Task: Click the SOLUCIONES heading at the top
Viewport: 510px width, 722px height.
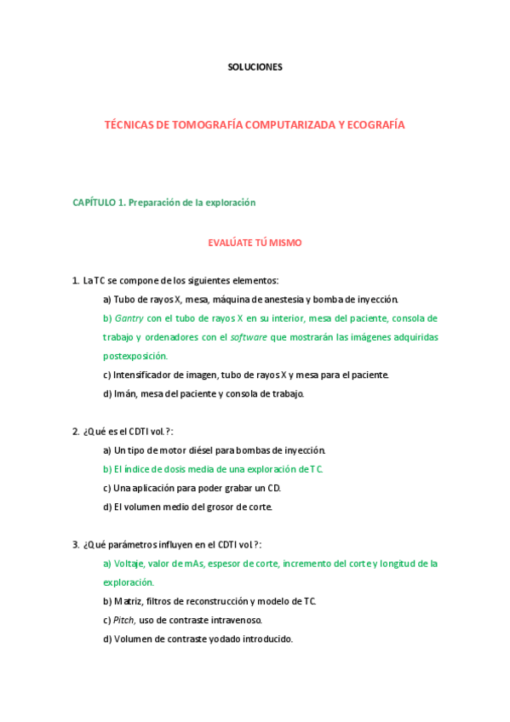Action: click(255, 67)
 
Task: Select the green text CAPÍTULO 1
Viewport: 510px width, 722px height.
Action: click(99, 203)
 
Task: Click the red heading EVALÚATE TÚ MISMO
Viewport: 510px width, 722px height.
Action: click(255, 243)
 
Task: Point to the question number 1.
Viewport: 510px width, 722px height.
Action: click(75, 280)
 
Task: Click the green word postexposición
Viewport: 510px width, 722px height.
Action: click(135, 356)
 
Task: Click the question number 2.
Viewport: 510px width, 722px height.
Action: click(75, 432)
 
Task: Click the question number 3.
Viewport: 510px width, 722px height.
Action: click(75, 545)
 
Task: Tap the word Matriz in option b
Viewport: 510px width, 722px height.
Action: click(128, 601)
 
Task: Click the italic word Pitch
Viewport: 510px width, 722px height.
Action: click(124, 620)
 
